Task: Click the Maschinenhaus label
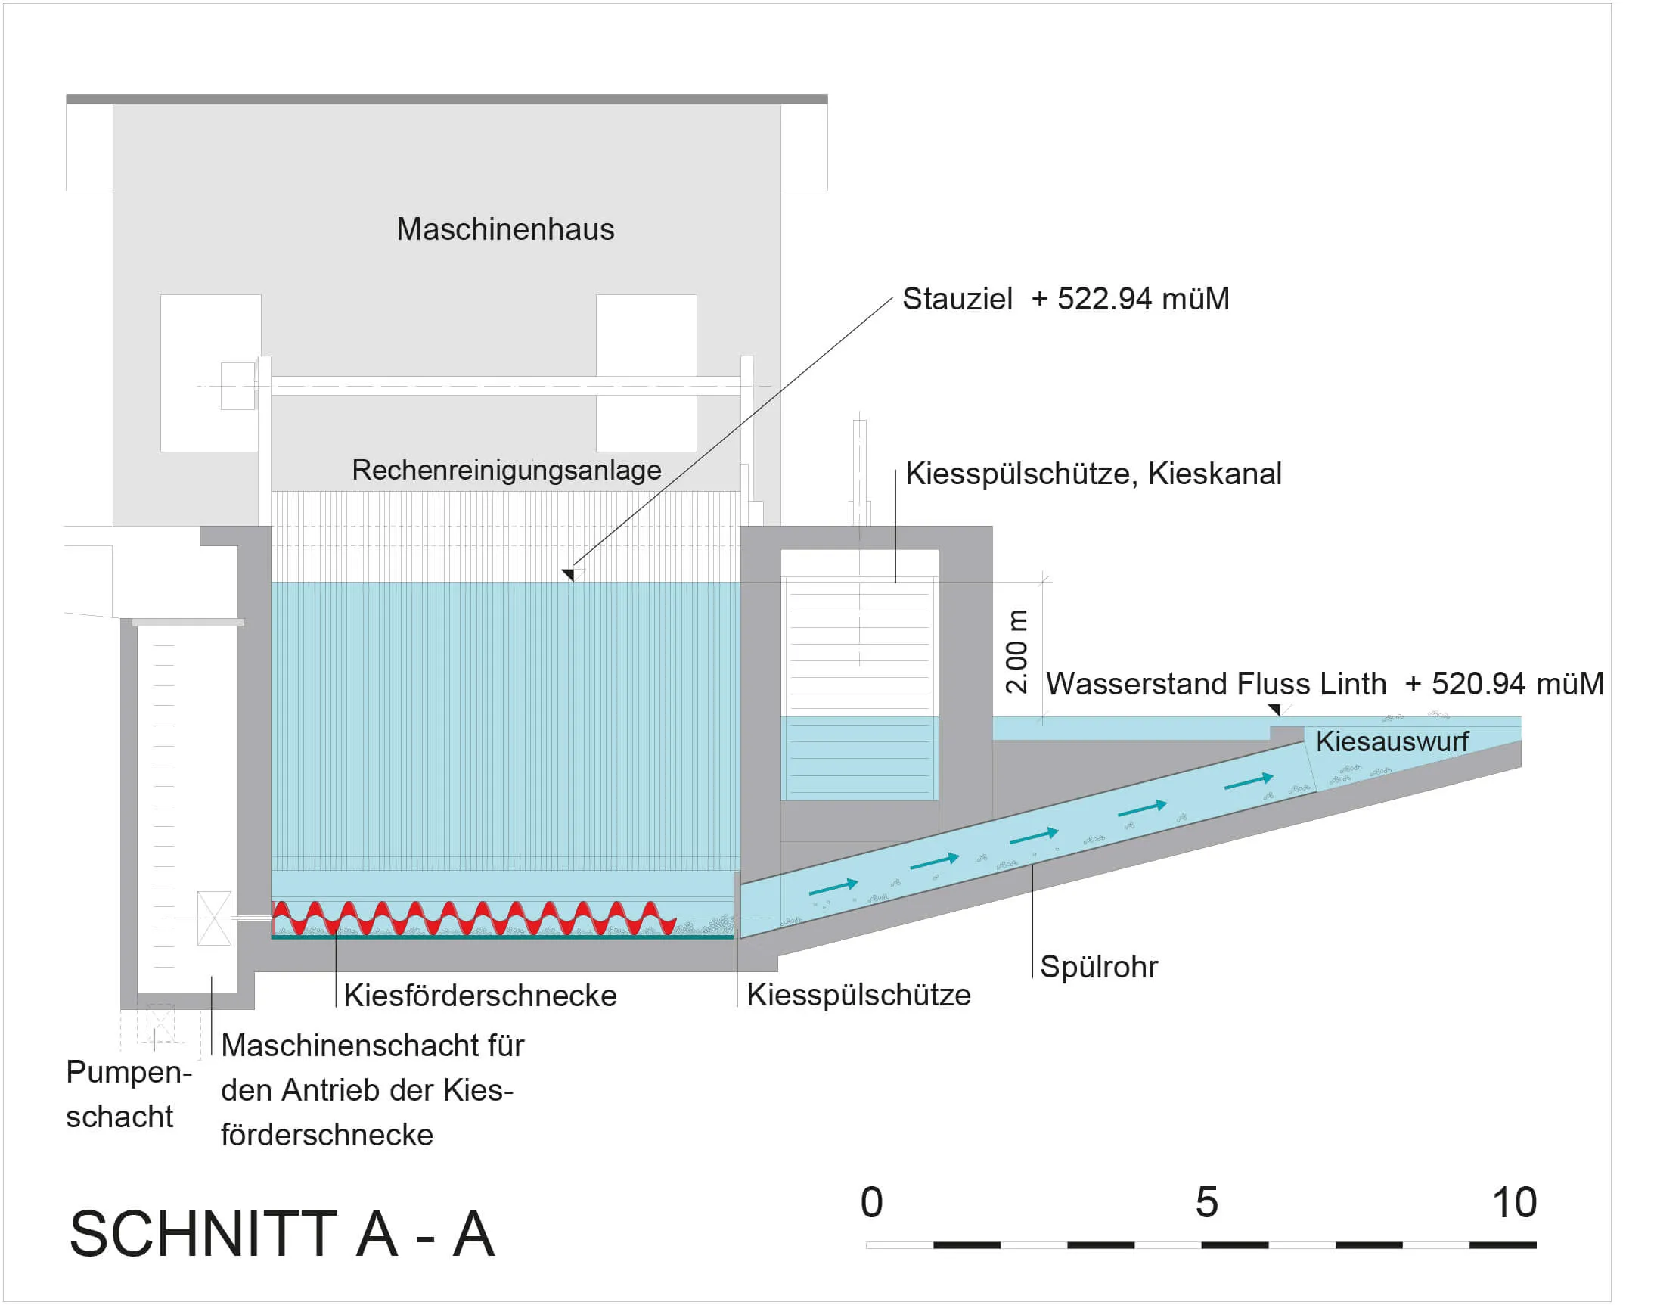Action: pyautogui.click(x=504, y=229)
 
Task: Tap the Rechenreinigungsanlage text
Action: pyautogui.click(x=506, y=471)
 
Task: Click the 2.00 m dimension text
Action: pyautogui.click(x=1016, y=651)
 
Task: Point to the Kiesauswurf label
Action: pyautogui.click(x=1392, y=741)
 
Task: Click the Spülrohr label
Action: pyautogui.click(x=1099, y=968)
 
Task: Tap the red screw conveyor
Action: pyautogui.click(x=473, y=918)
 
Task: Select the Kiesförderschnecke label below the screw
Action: pyautogui.click(x=479, y=996)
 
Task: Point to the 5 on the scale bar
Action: pyautogui.click(x=1206, y=1203)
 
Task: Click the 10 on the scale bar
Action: pyautogui.click(x=1514, y=1203)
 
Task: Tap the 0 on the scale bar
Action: pyautogui.click(x=871, y=1203)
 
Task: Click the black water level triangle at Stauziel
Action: pyautogui.click(x=568, y=574)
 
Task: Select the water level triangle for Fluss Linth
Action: pyautogui.click(x=1275, y=710)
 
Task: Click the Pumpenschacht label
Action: pyautogui.click(x=129, y=1094)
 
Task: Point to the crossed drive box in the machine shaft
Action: pyautogui.click(x=215, y=918)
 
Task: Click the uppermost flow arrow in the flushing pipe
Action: pyautogui.click(x=1249, y=781)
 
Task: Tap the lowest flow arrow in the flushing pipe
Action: pyautogui.click(x=833, y=887)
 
